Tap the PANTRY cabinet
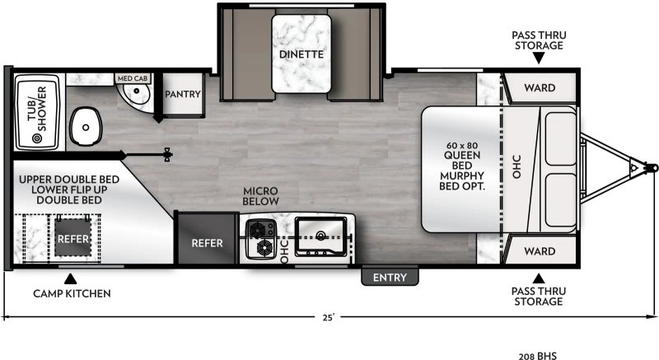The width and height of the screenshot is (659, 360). pyautogui.click(x=182, y=94)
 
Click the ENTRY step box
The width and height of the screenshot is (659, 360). pyautogui.click(x=390, y=278)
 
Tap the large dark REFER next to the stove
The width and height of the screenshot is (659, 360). pyautogui.click(x=206, y=243)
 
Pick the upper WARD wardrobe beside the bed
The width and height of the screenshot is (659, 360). pyautogui.click(x=540, y=87)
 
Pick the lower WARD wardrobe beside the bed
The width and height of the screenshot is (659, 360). pyautogui.click(x=540, y=250)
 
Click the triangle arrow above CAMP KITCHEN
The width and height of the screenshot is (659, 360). pyautogui.click(x=71, y=278)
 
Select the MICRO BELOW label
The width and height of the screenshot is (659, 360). pyautogui.click(x=260, y=196)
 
